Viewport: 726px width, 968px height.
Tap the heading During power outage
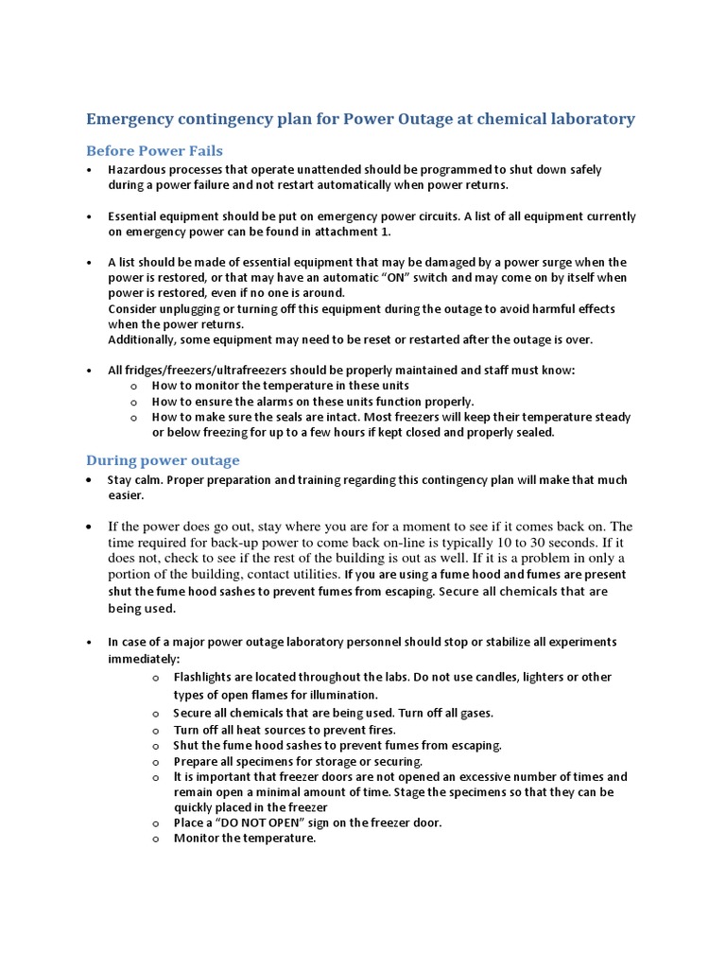[163, 460]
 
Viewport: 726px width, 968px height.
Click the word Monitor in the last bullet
[198, 838]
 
